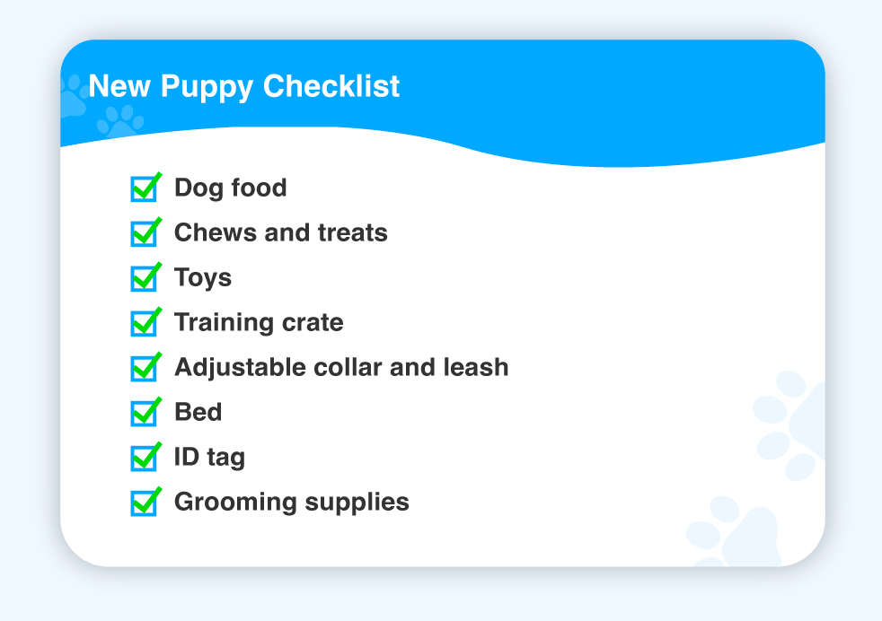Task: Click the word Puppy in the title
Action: tap(207, 88)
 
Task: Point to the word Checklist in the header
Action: tap(331, 86)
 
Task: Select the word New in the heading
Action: tap(119, 86)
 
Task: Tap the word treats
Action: tap(353, 233)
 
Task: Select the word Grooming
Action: tap(235, 503)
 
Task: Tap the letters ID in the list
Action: tap(187, 457)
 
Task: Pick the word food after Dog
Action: tap(259, 188)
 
